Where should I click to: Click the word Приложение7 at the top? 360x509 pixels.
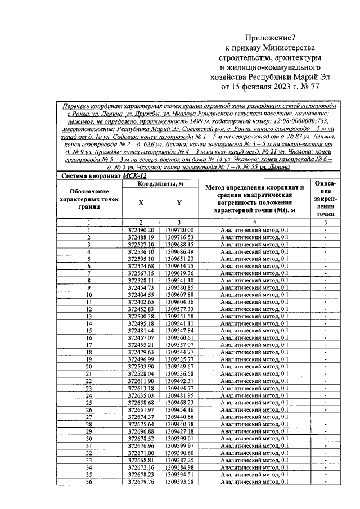271,38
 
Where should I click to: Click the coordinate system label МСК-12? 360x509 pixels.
133,176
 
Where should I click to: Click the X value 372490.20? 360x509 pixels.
140,231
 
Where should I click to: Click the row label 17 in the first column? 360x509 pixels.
88,345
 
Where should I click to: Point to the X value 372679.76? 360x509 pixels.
140,482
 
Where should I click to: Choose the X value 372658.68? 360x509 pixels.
140,403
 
